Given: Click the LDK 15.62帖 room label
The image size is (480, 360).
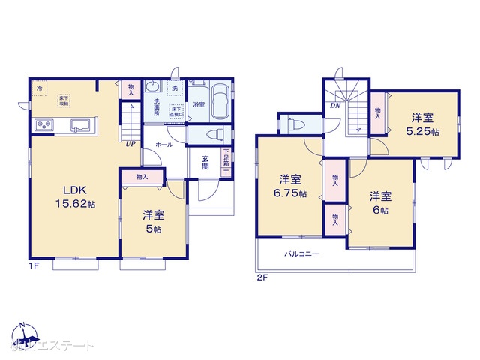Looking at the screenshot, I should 73,196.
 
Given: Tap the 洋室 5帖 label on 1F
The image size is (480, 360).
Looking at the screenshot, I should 154,221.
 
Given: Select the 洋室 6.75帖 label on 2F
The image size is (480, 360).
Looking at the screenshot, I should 290,186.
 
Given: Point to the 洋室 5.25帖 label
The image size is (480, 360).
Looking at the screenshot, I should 423,124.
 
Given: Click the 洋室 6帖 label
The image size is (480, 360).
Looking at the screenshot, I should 379,202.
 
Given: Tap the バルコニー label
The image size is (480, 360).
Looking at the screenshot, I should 301,253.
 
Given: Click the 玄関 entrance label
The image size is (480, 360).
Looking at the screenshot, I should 205,163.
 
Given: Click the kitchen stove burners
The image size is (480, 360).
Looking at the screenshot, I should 42,124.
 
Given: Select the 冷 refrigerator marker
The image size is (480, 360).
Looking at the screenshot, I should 39,88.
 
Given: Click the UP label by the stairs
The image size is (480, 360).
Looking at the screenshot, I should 130,144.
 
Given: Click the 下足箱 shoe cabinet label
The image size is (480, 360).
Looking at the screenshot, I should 226,158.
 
